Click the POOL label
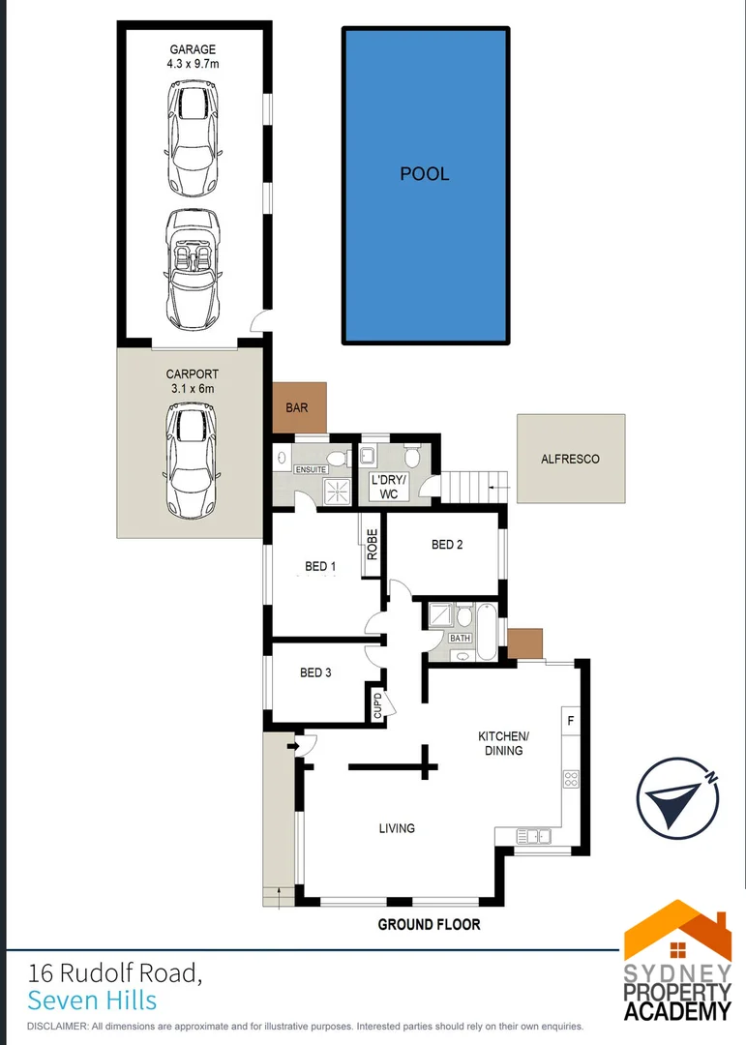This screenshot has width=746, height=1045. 424,174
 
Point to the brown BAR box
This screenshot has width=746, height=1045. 299,407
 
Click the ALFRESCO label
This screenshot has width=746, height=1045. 570,459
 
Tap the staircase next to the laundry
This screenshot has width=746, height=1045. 467,483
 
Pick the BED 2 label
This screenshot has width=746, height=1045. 447,545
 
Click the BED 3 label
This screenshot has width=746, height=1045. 315,672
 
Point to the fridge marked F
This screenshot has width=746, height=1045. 570,721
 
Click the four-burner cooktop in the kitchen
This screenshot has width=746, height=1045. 570,779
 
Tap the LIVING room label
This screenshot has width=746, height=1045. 397,828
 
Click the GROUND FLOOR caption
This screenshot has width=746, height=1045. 429,925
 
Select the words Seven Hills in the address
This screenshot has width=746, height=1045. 92,1000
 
